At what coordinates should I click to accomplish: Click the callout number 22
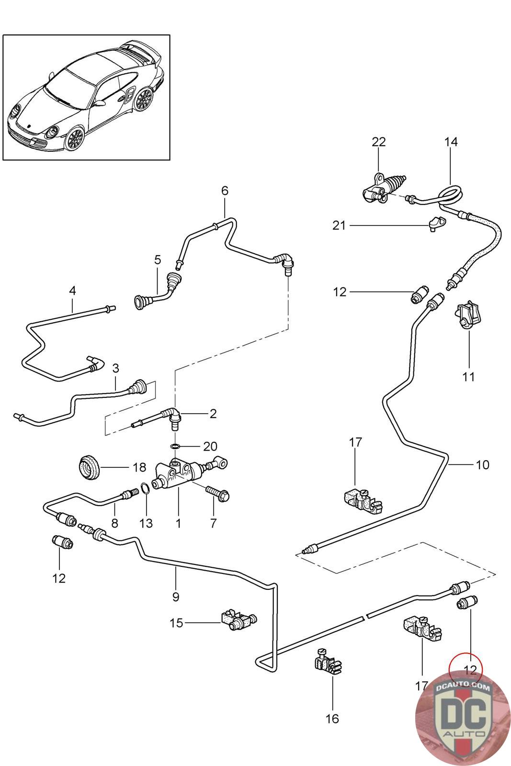[x=378, y=142]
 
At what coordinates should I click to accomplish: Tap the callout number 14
[x=451, y=142]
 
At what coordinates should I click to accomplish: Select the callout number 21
[x=339, y=225]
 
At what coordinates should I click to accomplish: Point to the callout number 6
[x=225, y=191]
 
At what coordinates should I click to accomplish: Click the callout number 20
[x=210, y=447]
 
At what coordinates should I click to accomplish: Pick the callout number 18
[x=139, y=467]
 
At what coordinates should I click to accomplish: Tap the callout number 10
[x=482, y=464]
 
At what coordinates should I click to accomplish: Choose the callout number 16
[x=332, y=718]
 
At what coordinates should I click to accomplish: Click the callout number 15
[x=177, y=623]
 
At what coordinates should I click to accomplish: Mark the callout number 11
[x=469, y=377]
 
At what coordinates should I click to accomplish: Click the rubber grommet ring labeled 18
[x=90, y=468]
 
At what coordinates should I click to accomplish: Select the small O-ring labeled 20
[x=176, y=447]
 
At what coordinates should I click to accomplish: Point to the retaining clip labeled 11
[x=467, y=315]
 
